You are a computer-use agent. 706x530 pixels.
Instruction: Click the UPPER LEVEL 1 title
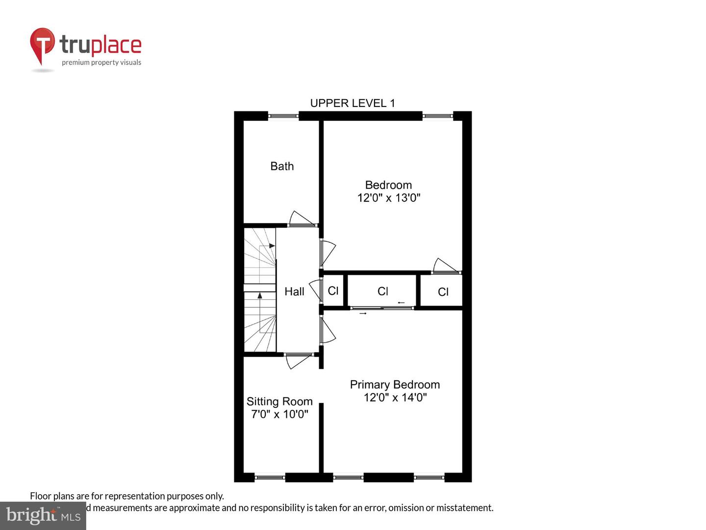pyautogui.click(x=352, y=103)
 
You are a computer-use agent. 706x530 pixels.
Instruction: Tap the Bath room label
pyautogui.click(x=282, y=166)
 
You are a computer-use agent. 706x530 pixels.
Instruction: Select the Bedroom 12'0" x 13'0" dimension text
pyautogui.click(x=389, y=198)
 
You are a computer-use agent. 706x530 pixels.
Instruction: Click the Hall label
pyautogui.click(x=294, y=291)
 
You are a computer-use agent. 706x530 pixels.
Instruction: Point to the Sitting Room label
pyautogui.click(x=279, y=401)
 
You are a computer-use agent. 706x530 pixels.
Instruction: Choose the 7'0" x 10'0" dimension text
pyautogui.click(x=279, y=414)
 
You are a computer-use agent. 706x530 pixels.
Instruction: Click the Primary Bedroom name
pyautogui.click(x=395, y=385)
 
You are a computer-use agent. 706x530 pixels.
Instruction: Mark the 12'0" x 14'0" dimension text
pyautogui.click(x=395, y=397)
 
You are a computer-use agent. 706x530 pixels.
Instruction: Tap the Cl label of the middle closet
pyautogui.click(x=383, y=291)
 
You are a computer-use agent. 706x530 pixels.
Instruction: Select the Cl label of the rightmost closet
pyautogui.click(x=443, y=292)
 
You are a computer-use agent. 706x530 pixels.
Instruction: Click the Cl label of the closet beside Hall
pyautogui.click(x=333, y=291)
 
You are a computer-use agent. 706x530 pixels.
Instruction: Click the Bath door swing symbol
pyautogui.click(x=301, y=218)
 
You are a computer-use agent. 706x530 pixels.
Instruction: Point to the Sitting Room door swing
pyautogui.click(x=297, y=361)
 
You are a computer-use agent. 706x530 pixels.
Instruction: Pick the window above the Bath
pyautogui.click(x=283, y=116)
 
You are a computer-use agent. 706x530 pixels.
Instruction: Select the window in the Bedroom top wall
pyautogui.click(x=437, y=116)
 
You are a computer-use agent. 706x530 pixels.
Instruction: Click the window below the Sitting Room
pyautogui.click(x=270, y=477)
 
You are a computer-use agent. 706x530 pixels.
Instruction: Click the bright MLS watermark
pyautogui.click(x=43, y=515)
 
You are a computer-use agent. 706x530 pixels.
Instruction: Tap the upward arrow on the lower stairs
pyautogui.click(x=260, y=295)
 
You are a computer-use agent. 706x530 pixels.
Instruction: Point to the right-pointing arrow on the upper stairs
pyautogui.click(x=272, y=245)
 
